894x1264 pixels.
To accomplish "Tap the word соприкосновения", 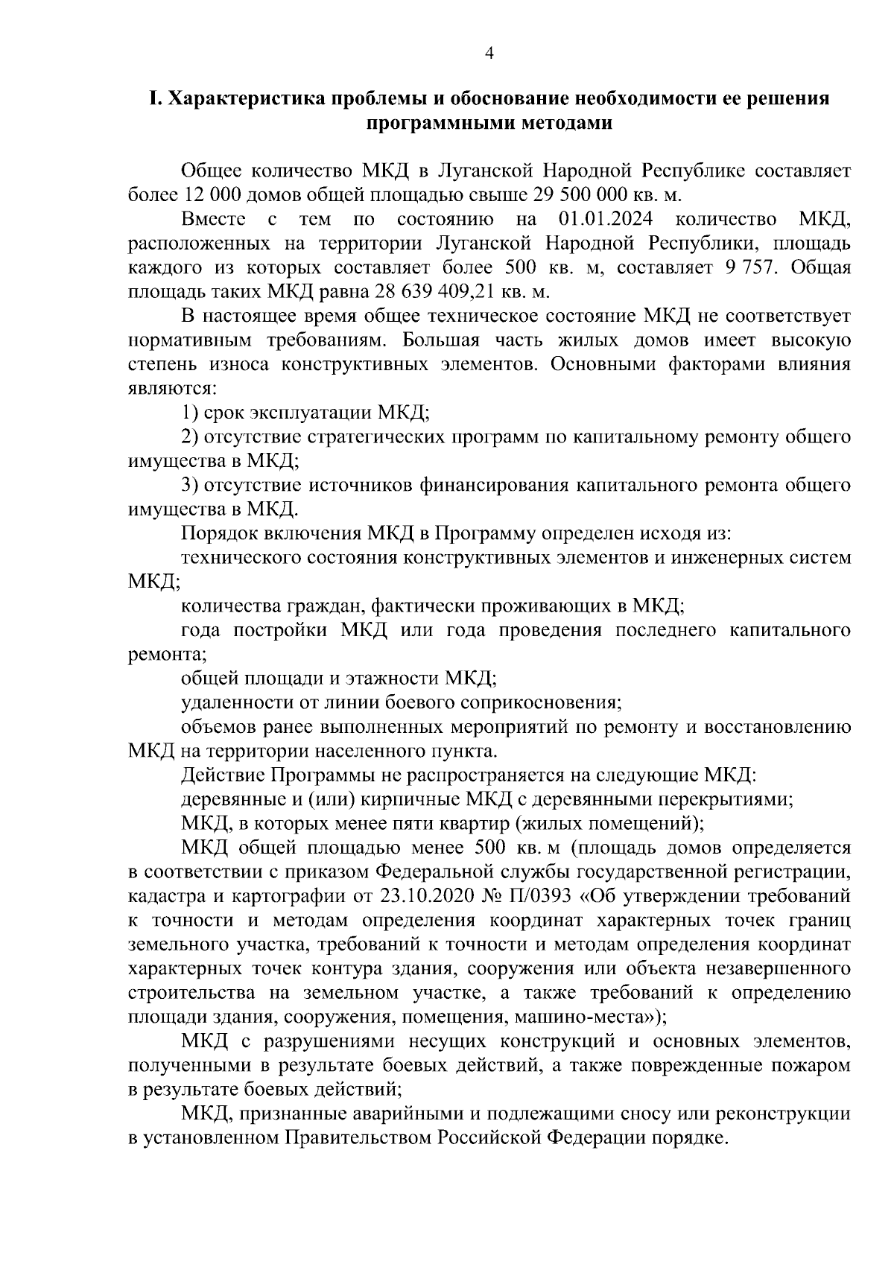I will coord(542,702).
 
